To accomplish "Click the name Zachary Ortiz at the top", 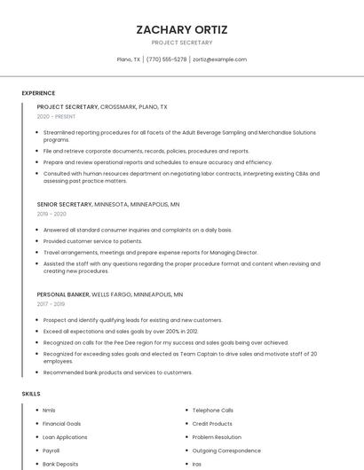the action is [x=182, y=29].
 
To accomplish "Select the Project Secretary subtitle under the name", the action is [x=182, y=43].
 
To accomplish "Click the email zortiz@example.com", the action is [x=219, y=59].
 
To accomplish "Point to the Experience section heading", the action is [x=38, y=93].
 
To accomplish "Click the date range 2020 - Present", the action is [x=56, y=116].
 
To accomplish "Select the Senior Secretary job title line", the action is [x=108, y=204].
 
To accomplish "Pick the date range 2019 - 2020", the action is [x=51, y=214].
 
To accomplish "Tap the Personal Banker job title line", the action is [x=110, y=294].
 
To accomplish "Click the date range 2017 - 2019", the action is [x=51, y=303].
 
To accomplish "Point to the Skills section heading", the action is [x=31, y=393].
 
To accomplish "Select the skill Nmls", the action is [x=49, y=411].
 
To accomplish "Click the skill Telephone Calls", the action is [x=212, y=411].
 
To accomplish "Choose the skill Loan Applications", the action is [x=65, y=437].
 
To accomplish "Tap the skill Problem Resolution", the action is [x=217, y=437].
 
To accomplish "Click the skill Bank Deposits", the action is [x=60, y=464].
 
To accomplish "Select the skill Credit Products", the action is [x=212, y=424].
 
